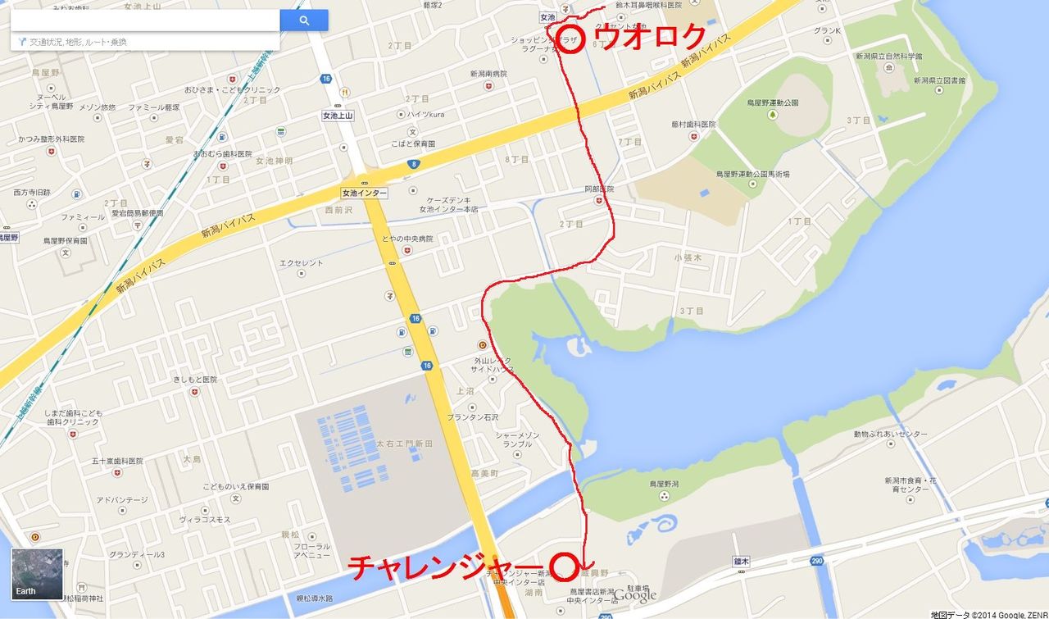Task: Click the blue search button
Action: coord(304,20)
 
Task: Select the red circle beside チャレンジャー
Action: coord(564,566)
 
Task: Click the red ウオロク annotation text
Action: coord(652,37)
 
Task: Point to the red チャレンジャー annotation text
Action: coord(447,567)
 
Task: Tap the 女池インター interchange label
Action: coord(364,193)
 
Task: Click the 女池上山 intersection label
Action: coord(338,116)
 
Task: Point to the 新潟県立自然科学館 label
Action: coord(888,57)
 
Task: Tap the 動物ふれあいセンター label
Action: coord(890,434)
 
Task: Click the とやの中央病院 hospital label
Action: coord(406,239)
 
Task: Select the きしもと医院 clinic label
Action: coord(194,380)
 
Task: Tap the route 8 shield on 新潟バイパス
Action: coord(412,164)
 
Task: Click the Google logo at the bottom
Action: coord(635,596)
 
